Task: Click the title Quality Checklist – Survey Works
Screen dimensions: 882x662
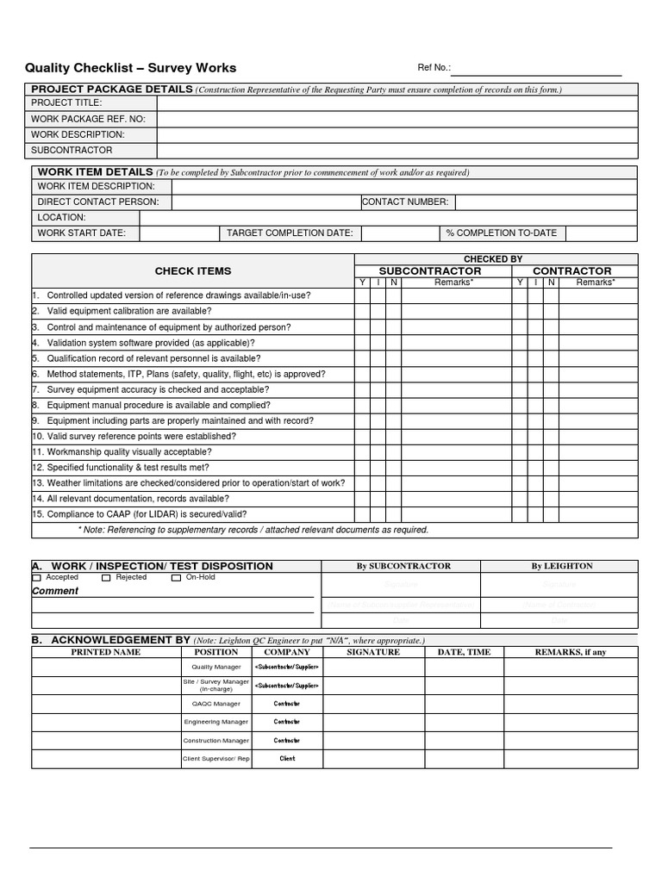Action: (130, 68)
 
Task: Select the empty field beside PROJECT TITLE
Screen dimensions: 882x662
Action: (397, 103)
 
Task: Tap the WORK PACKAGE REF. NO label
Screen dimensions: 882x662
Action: (88, 119)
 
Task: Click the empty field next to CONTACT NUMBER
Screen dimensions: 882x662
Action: (546, 202)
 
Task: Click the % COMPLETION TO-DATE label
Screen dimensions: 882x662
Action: (501, 233)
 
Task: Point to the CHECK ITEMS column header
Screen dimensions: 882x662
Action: (193, 270)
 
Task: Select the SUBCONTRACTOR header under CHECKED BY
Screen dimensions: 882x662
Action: (430, 270)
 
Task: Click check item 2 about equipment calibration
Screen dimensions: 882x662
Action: (128, 311)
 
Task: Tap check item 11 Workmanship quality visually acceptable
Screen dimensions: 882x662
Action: (122, 451)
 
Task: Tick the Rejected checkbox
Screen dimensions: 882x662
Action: (106, 578)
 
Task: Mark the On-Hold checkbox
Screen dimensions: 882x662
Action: (176, 578)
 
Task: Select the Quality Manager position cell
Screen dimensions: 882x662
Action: (215, 668)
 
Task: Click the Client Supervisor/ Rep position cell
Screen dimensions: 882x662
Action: (215, 759)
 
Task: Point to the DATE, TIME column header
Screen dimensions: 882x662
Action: (464, 652)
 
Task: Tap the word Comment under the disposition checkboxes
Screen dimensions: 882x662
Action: (55, 591)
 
